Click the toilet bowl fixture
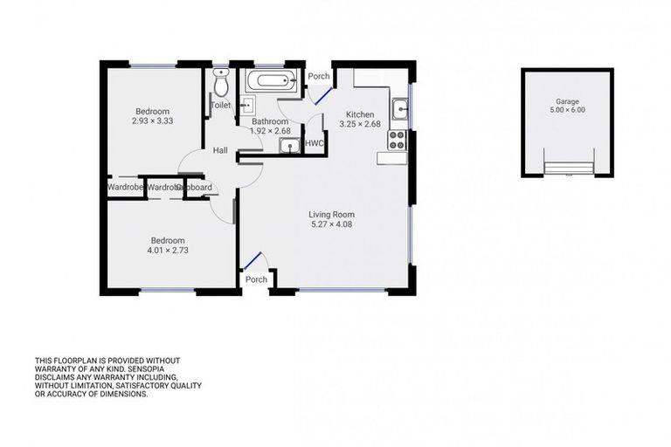pyautogui.click(x=221, y=84)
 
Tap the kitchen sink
pyautogui.click(x=399, y=110)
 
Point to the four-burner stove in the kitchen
pyautogui.click(x=398, y=140)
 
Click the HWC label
pyautogui.click(x=315, y=143)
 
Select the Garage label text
pyautogui.click(x=567, y=101)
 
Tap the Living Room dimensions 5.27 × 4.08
pyautogui.click(x=331, y=224)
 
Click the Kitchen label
pyautogui.click(x=360, y=114)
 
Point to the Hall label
pyautogui.click(x=220, y=151)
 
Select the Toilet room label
pyautogui.click(x=220, y=105)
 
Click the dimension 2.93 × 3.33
pyautogui.click(x=152, y=121)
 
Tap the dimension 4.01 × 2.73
pyautogui.click(x=167, y=251)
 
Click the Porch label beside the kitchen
pyautogui.click(x=319, y=77)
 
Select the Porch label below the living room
pyautogui.click(x=256, y=279)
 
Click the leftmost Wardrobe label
pyautogui.click(x=125, y=187)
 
